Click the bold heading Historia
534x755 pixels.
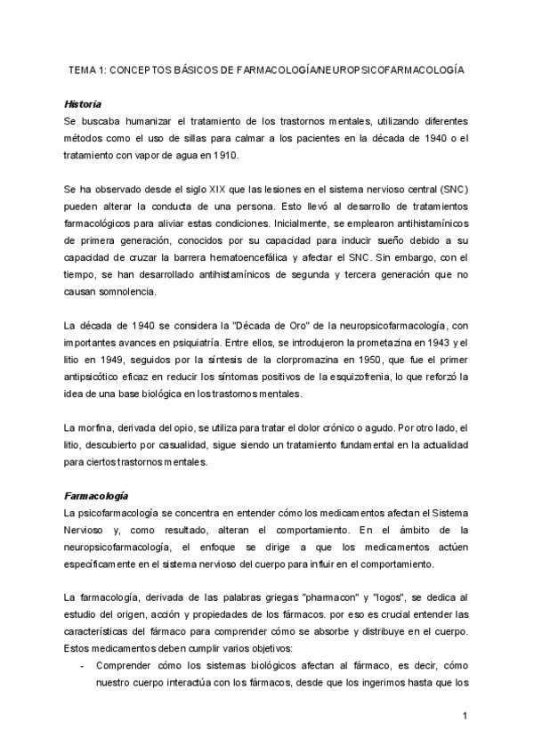pyautogui.click(x=84, y=103)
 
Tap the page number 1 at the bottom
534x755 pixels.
pyautogui.click(x=465, y=715)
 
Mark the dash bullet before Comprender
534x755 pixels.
pyautogui.click(x=81, y=665)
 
